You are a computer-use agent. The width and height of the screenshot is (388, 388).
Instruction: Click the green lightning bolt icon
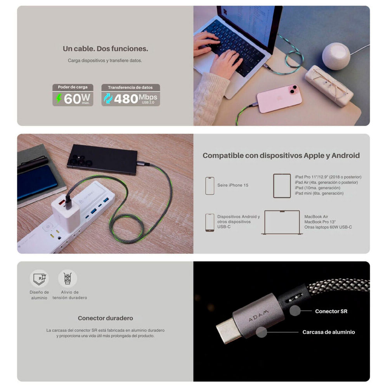point(59,99)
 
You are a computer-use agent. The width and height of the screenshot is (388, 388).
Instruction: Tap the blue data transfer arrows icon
point(108,99)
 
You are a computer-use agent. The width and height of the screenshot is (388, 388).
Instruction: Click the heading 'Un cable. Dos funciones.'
point(106,49)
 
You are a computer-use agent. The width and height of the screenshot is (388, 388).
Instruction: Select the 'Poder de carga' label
point(73,87)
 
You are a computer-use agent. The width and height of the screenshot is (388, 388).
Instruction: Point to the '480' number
point(126,99)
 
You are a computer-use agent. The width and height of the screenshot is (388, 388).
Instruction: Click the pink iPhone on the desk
point(279,98)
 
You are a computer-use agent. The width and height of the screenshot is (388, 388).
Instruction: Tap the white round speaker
point(336,56)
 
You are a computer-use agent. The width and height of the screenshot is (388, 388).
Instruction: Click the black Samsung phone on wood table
point(102,159)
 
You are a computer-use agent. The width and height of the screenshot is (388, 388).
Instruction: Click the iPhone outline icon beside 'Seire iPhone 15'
point(210,186)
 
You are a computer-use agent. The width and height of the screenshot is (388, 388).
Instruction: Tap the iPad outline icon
point(282,186)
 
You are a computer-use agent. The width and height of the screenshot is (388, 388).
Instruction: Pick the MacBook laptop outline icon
point(282,222)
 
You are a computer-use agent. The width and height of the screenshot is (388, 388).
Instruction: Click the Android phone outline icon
point(210,222)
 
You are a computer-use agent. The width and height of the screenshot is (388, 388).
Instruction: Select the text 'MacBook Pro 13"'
point(320,222)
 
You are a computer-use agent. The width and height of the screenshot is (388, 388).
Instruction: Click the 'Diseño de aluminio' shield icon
point(39,279)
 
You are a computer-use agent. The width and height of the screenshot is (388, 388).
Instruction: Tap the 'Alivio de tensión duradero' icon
point(68,279)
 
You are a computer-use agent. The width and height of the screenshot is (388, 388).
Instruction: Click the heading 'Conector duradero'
point(106,318)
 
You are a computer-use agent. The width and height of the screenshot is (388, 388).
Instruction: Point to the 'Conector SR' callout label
point(331,311)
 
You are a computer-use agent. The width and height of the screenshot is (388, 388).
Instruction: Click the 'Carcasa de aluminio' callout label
point(329,332)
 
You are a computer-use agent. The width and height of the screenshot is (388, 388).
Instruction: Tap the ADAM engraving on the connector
point(258,316)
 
